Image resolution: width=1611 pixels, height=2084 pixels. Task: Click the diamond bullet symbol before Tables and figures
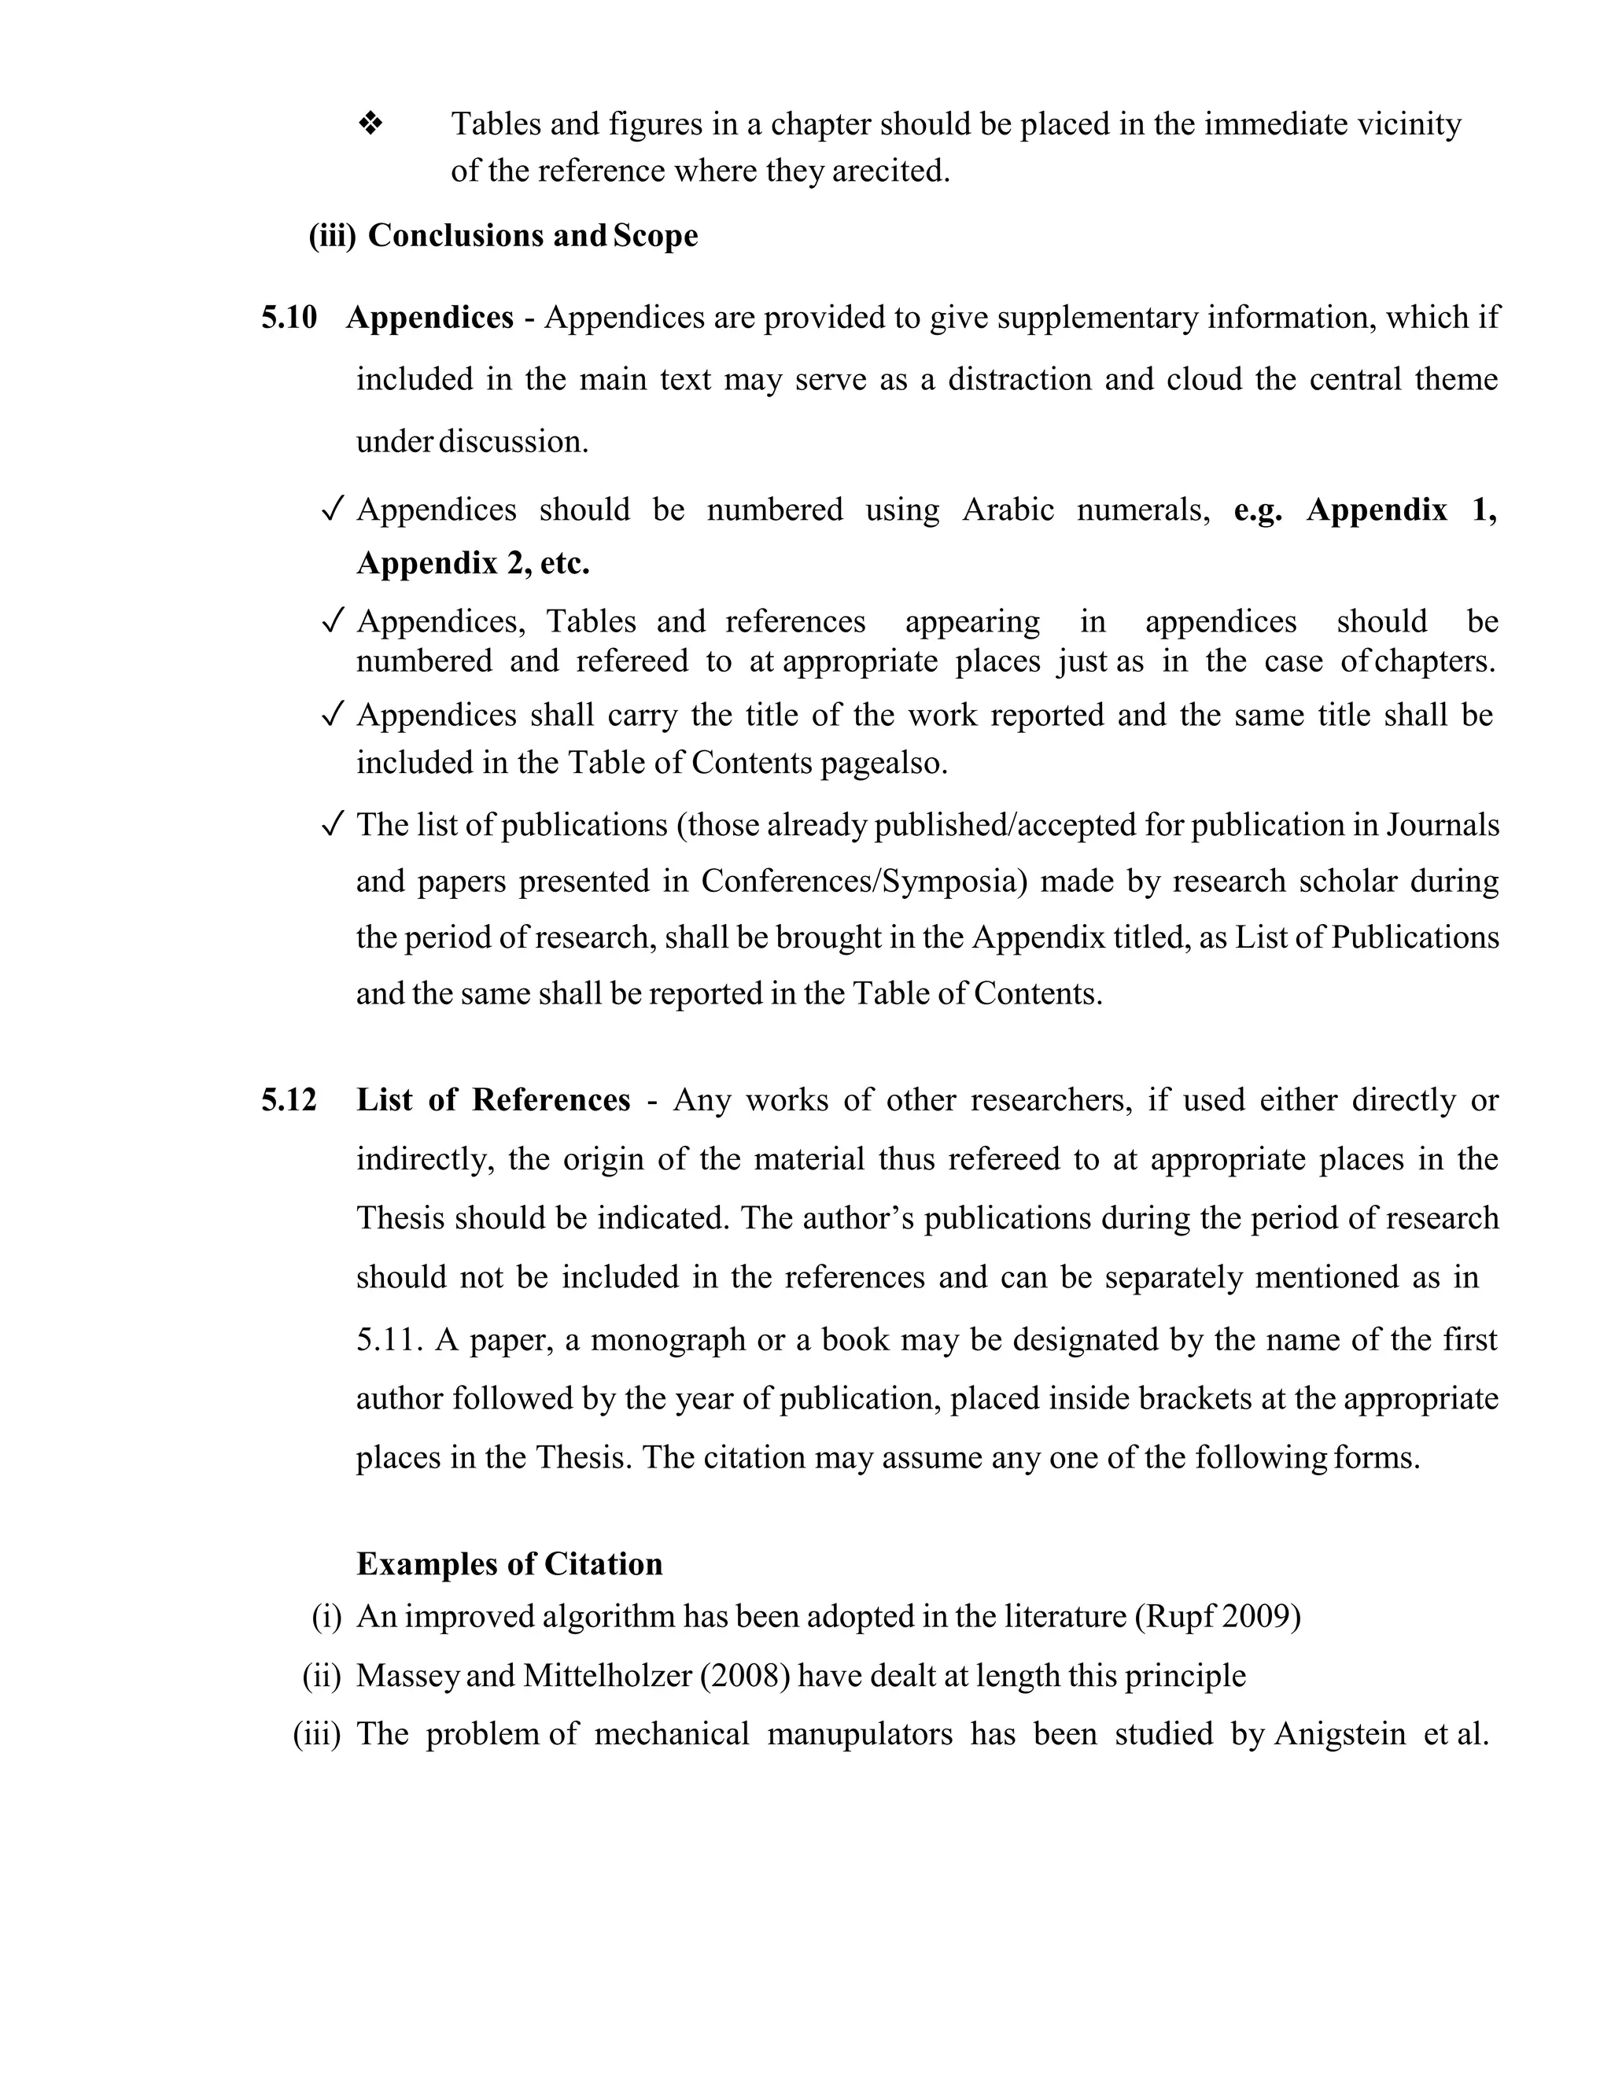370,123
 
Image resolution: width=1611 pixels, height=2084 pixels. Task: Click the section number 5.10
288,317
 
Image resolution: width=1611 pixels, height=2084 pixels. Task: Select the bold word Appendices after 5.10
429,317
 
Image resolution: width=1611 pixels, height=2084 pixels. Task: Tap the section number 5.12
288,1099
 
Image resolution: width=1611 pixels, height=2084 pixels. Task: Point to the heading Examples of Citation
510,1563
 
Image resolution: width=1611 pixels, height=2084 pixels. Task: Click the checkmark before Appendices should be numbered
332,510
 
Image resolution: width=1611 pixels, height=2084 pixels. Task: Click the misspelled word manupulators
859,1734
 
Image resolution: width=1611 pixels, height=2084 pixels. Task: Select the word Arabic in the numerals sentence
1008,510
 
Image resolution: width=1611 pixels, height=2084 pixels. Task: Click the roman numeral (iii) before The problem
317,1734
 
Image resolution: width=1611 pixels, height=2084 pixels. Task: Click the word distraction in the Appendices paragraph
1019,379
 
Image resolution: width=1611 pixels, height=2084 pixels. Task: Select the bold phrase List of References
492,1099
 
